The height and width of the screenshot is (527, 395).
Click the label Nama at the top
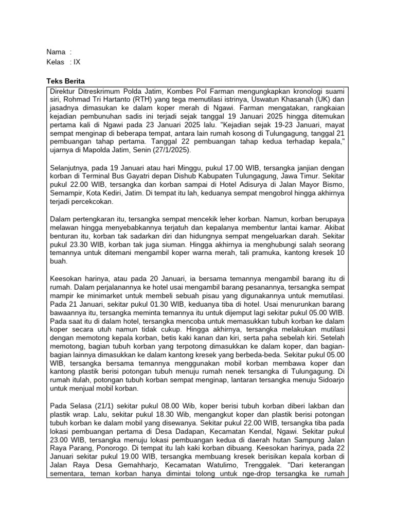point(56,52)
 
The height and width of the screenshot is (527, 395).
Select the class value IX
point(77,62)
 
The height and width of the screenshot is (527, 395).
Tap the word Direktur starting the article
point(64,91)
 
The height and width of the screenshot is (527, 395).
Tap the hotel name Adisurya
point(237,185)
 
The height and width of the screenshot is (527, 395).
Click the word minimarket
point(119,296)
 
